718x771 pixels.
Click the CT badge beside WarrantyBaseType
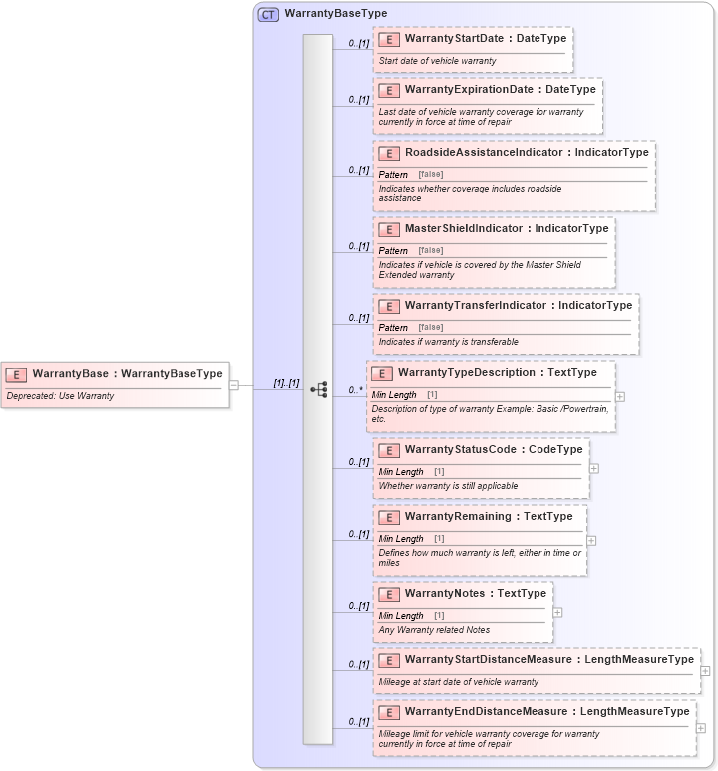click(268, 14)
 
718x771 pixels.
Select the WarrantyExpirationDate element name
click(469, 90)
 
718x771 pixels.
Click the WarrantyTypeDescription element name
click(468, 373)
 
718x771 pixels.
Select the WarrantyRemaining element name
click(459, 517)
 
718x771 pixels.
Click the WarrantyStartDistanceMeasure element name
click(488, 660)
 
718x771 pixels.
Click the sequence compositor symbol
click(319, 389)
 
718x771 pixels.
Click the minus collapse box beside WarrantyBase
click(233, 384)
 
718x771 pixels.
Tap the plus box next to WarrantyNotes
click(557, 613)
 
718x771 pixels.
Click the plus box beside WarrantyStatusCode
click(594, 468)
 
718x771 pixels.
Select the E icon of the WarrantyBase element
click(16, 374)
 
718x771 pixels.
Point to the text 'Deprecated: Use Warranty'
click(61, 396)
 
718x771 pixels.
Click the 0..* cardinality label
click(354, 390)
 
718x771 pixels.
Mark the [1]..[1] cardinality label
click(286, 383)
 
